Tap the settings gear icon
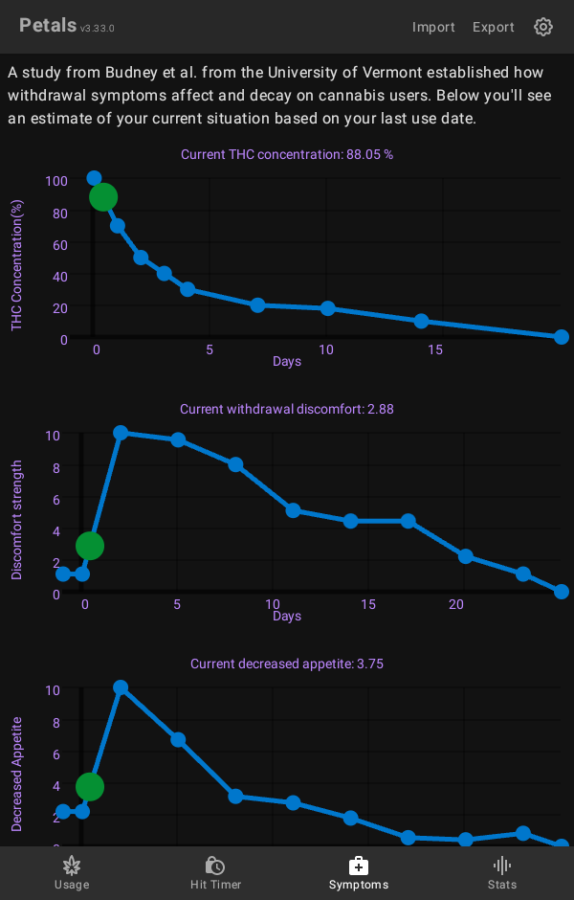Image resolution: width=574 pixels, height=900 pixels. tap(543, 27)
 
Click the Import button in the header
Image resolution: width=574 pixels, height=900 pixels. tap(433, 27)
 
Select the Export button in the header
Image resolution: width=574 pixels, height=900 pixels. tap(494, 27)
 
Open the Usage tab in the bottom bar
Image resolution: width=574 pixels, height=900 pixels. tap(72, 872)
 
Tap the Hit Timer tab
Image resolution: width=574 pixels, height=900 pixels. tap(215, 872)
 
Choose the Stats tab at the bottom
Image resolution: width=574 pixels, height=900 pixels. tap(502, 872)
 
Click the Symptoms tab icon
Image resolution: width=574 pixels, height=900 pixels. tap(359, 866)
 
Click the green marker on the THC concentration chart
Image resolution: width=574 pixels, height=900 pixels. tap(103, 197)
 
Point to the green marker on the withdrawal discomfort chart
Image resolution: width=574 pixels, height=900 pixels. tap(89, 546)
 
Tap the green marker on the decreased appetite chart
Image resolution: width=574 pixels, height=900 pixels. tap(89, 787)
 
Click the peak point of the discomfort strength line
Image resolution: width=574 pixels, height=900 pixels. tap(121, 433)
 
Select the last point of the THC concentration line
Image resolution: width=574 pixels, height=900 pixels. tap(562, 337)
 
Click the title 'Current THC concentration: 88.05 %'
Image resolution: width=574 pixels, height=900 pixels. tap(287, 154)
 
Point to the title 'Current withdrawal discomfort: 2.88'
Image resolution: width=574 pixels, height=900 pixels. tap(287, 409)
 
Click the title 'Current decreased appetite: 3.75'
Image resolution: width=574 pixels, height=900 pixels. tap(287, 664)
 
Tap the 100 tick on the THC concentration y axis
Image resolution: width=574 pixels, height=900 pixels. tap(56, 181)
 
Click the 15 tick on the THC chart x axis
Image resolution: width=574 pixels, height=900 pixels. tap(435, 350)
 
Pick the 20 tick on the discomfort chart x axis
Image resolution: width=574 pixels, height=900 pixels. tap(456, 605)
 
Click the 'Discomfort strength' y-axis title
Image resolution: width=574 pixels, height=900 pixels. tap(17, 520)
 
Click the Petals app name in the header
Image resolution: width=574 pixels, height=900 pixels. tap(48, 26)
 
